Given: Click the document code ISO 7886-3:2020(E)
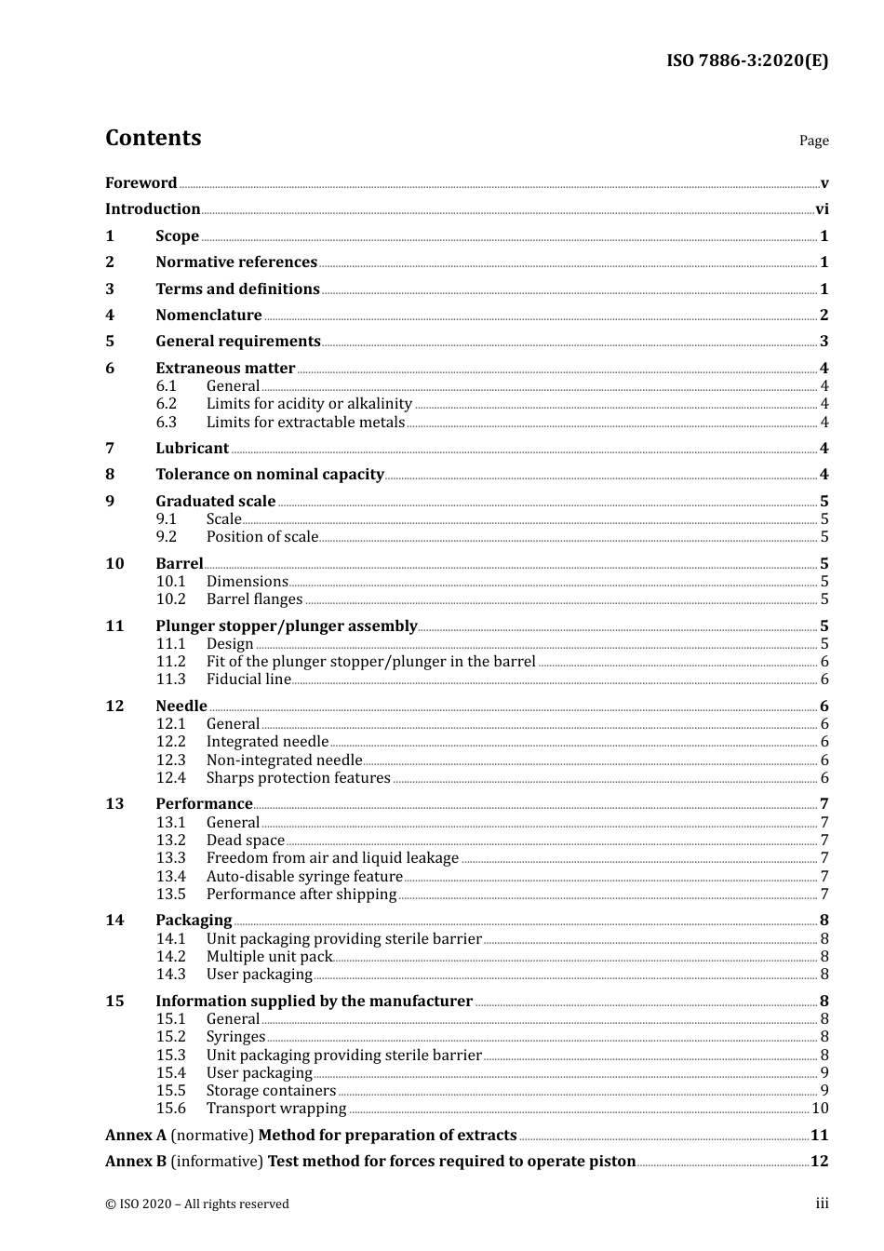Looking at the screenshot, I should tap(746, 61).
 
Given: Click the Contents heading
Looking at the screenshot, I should tap(153, 138).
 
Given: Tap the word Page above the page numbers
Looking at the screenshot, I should tap(813, 141).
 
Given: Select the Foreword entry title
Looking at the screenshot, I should tap(141, 182).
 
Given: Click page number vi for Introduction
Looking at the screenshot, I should tap(822, 209).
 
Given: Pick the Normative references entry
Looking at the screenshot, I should tap(236, 262).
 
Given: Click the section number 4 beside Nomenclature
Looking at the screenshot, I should tap(110, 316).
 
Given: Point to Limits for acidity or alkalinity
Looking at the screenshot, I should tap(309, 404).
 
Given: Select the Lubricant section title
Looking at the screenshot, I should tap(192, 449).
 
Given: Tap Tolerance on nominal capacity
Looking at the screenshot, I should tap(270, 475).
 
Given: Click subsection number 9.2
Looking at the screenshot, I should tap(167, 537).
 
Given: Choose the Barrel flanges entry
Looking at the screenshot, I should tap(254, 599).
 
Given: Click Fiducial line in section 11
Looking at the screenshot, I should tap(248, 679).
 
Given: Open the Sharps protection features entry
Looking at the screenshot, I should tap(298, 778).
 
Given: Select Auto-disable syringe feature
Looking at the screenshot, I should tap(304, 877).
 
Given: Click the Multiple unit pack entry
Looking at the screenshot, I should tap(269, 957).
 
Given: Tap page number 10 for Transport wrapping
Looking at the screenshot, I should tap(820, 1109).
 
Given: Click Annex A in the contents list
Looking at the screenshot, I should tap(136, 1136).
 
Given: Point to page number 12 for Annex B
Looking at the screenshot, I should tap(819, 1162).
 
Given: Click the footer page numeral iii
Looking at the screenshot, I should tap(822, 1204).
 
